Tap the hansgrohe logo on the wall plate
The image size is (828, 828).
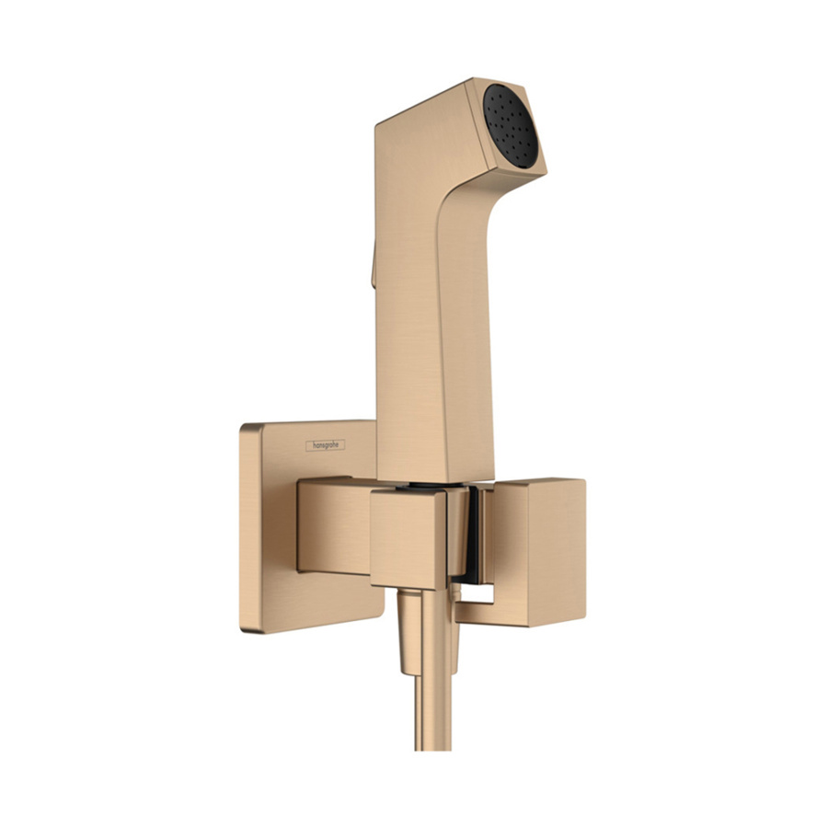[326, 444]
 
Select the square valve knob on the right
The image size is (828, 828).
[544, 551]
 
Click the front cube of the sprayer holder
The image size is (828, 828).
[408, 537]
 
